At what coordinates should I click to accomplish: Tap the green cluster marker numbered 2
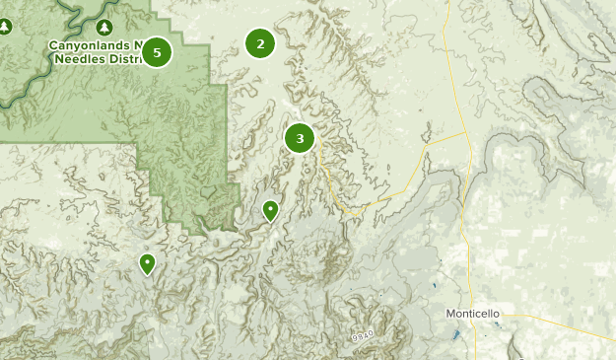coord(260,43)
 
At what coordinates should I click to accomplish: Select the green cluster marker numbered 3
coord(300,138)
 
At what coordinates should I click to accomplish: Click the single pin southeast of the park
coord(270,210)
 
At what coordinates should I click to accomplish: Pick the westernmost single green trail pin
coord(147,262)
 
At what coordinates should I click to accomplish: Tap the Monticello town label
coord(473,314)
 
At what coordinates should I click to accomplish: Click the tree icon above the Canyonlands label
coord(104,27)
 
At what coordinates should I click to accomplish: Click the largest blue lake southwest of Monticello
coord(455,334)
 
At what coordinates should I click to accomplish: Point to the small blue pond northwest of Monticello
coord(434,287)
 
